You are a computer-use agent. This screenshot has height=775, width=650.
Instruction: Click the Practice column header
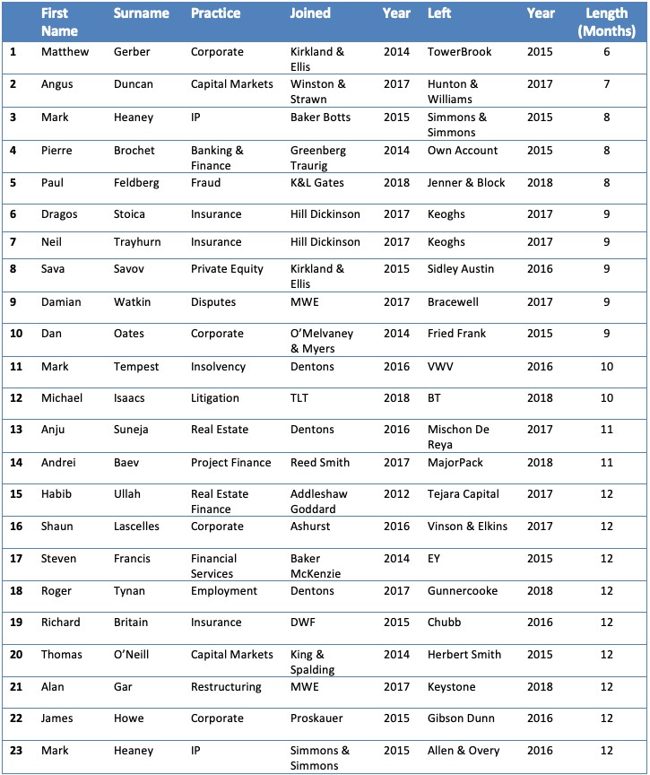[214, 14]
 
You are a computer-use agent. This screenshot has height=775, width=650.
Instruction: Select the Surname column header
[141, 14]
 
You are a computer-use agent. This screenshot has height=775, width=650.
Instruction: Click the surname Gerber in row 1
[134, 52]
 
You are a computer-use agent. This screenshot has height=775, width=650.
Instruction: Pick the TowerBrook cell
[460, 52]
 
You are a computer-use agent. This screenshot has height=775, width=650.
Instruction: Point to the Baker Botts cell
[320, 118]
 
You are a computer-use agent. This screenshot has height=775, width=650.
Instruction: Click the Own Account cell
[463, 151]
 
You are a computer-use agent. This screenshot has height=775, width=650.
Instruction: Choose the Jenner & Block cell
[466, 183]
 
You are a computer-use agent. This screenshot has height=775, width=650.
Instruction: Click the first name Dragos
[60, 215]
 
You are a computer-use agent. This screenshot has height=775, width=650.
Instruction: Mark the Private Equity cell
[227, 268]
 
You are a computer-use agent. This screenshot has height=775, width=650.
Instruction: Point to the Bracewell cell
[457, 302]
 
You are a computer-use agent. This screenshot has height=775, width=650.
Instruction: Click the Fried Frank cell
[457, 334]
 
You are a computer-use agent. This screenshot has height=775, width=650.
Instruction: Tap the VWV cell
[441, 366]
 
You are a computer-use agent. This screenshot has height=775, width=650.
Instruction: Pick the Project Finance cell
[230, 463]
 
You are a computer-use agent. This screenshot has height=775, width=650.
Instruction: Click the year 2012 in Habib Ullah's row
[396, 494]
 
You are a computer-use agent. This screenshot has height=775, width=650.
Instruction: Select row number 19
[14, 623]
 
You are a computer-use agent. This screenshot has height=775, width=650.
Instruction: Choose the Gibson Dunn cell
[463, 718]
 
